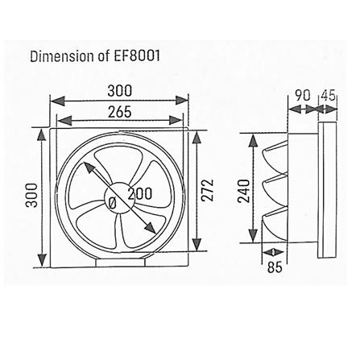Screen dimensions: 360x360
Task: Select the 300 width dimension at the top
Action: (x=119, y=90)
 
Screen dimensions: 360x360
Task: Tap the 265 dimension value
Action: (x=119, y=111)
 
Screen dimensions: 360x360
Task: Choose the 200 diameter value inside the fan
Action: (x=139, y=194)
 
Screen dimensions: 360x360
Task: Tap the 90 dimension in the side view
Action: (x=303, y=95)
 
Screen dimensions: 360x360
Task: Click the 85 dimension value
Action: (x=275, y=267)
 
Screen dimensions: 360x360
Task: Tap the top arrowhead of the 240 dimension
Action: (x=254, y=139)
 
